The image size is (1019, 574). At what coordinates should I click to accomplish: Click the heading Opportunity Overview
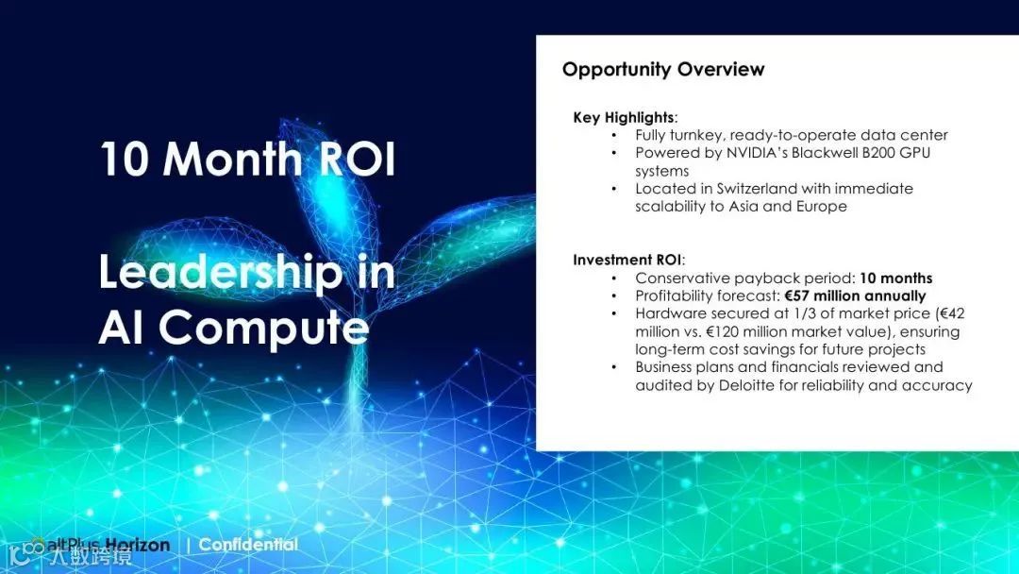click(x=663, y=70)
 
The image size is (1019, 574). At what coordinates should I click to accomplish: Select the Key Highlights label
click(x=624, y=118)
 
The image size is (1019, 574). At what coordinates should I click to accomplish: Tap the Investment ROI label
click(x=627, y=260)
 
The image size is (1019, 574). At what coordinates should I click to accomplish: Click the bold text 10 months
click(x=895, y=279)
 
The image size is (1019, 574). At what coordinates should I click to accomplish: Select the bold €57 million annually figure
click(x=855, y=295)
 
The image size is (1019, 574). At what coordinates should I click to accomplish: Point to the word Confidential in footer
click(x=248, y=544)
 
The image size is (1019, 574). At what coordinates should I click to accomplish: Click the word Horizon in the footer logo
click(x=137, y=545)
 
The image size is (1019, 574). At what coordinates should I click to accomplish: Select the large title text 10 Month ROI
click(x=247, y=160)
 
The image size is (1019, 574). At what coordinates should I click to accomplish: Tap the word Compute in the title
click(x=264, y=327)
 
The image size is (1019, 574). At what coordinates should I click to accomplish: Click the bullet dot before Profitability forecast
click(x=614, y=295)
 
